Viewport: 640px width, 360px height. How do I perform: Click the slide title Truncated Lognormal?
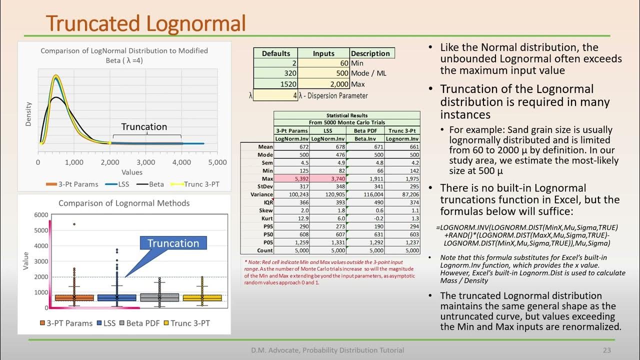coord(146,23)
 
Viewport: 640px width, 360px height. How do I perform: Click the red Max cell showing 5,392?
coord(292,178)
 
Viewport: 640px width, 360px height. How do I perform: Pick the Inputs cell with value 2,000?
coord(323,83)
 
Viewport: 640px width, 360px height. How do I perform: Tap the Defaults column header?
coord(275,53)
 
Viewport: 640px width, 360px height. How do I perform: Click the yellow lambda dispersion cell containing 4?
coord(276,95)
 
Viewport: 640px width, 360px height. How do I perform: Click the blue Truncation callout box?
coord(173,243)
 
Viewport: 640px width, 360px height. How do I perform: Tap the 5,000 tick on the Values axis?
coord(217,162)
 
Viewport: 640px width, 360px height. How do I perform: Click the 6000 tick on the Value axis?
coord(41,215)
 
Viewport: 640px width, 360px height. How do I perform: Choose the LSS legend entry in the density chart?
coord(118,184)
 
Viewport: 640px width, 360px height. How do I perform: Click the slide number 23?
coord(607,350)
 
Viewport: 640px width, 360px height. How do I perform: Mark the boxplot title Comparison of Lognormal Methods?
coord(124,203)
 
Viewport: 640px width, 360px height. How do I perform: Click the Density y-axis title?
coord(28,114)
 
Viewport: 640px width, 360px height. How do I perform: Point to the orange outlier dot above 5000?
coord(74,224)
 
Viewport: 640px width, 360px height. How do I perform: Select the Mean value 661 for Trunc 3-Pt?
coord(403,146)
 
